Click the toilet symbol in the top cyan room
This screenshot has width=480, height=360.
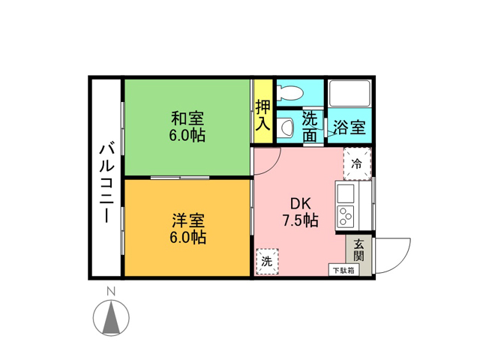(x=289, y=92)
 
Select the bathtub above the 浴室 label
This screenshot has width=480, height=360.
(x=349, y=93)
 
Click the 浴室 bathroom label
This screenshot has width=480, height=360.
(x=349, y=127)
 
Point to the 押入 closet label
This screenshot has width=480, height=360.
(x=263, y=115)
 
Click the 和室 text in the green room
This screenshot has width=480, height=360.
(x=187, y=118)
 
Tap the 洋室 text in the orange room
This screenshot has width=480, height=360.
(x=188, y=220)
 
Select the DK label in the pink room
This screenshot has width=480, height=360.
(x=300, y=204)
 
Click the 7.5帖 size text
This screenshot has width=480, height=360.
(x=300, y=220)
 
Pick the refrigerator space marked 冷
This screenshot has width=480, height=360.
(x=357, y=163)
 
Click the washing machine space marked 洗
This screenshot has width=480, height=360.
(x=267, y=262)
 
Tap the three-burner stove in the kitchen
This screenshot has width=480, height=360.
(x=346, y=216)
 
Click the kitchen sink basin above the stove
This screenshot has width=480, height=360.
(x=346, y=193)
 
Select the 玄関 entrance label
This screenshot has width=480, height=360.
(x=358, y=250)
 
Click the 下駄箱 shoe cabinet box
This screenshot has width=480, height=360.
(x=343, y=270)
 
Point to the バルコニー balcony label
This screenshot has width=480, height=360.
(x=106, y=183)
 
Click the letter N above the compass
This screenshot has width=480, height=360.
(x=111, y=291)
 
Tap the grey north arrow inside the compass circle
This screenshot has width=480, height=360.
(x=111, y=317)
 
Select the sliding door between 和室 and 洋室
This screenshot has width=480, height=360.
(x=180, y=178)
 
